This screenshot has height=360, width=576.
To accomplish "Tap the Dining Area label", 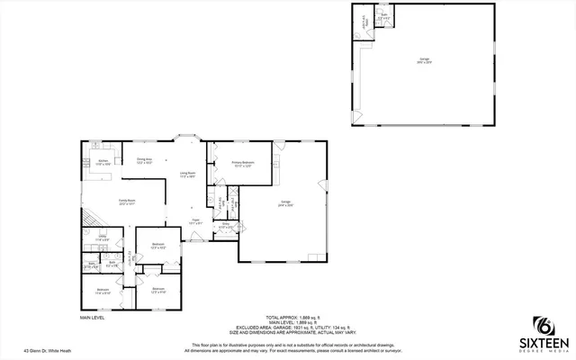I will (x=144, y=160).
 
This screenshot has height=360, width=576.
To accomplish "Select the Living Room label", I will (x=188, y=174).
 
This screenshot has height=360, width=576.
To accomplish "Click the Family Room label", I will (x=127, y=202).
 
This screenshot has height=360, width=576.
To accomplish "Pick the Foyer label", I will (x=194, y=220).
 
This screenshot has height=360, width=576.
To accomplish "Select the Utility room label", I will (x=103, y=238).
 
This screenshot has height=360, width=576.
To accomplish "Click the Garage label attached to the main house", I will (x=285, y=204).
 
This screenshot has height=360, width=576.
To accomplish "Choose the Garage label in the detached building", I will (x=423, y=61).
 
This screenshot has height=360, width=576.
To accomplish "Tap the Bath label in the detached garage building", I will (x=383, y=16).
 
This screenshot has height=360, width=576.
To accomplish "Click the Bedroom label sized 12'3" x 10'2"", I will (x=157, y=246).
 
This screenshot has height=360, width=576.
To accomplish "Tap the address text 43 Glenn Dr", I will (x=48, y=351).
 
